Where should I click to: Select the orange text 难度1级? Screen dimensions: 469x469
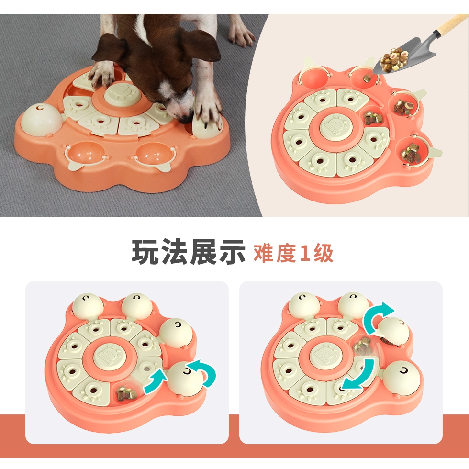(293, 253)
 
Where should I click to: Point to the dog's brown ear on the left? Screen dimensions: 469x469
(110, 48)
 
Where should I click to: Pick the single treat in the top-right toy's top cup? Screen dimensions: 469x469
(367, 78)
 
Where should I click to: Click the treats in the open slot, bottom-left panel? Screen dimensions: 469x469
(126, 392)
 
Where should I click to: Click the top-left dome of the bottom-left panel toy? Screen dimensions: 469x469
(87, 305)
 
